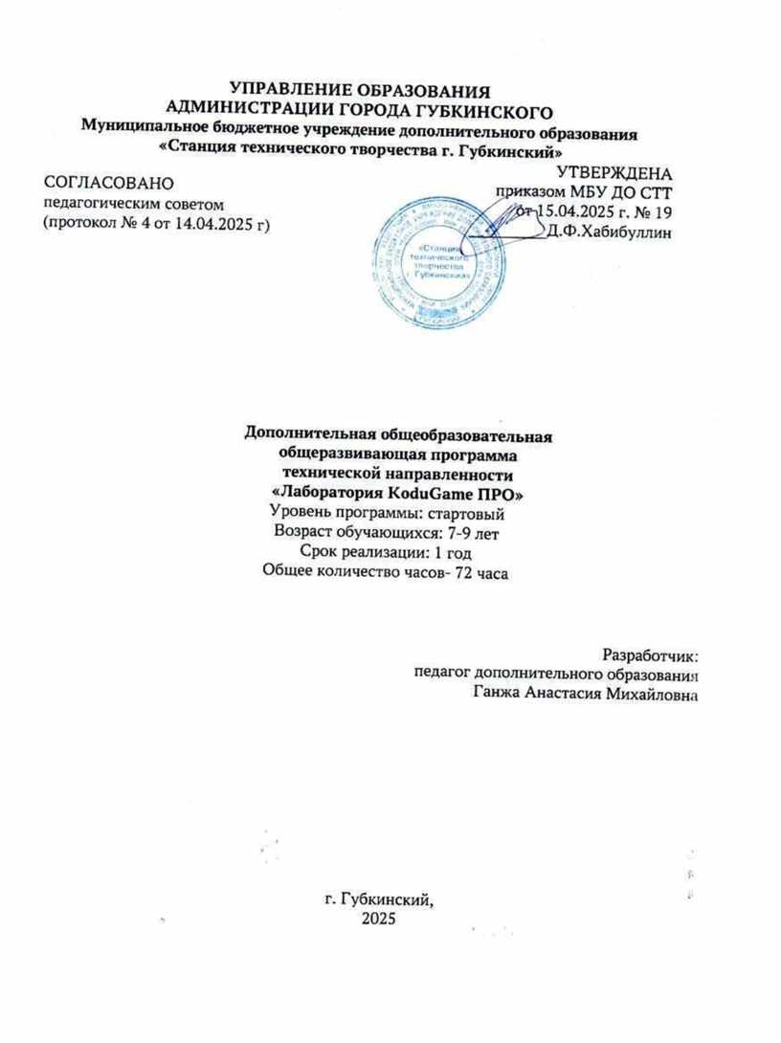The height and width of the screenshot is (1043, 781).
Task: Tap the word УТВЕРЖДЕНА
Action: pos(615,173)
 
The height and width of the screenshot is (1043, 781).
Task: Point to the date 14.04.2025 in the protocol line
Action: pos(209,224)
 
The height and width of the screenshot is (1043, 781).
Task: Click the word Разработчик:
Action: pos(651,655)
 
